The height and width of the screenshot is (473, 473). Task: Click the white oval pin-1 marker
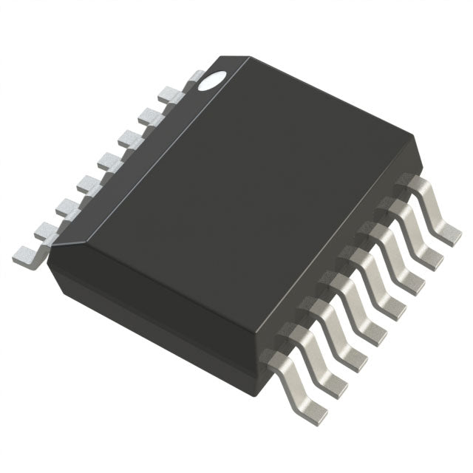click(213, 81)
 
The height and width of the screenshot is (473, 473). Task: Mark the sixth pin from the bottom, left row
click(132, 137)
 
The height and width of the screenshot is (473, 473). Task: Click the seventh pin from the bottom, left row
click(151, 115)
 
